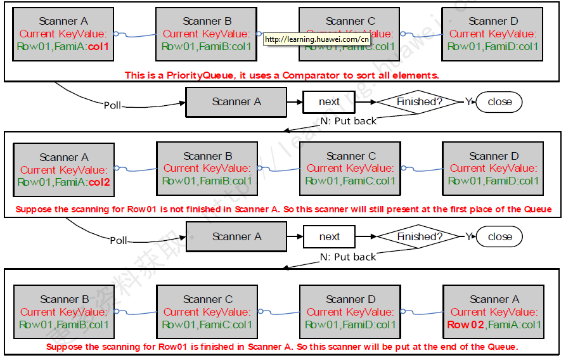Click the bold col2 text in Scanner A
click(x=100, y=182)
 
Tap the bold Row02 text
click(x=467, y=325)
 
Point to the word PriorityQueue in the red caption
click(x=183, y=75)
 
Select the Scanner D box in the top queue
click(x=493, y=34)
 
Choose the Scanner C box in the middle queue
click(x=350, y=169)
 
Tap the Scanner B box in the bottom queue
click(x=64, y=312)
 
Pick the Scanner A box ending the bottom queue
click(x=493, y=312)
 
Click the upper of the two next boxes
click(x=329, y=101)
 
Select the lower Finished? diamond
click(x=419, y=236)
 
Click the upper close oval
click(x=499, y=101)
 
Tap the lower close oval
click(x=499, y=236)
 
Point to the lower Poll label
click(x=119, y=241)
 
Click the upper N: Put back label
click(x=348, y=121)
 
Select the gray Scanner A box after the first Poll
click(x=236, y=101)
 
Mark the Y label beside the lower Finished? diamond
click(x=468, y=236)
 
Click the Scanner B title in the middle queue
click(x=207, y=156)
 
